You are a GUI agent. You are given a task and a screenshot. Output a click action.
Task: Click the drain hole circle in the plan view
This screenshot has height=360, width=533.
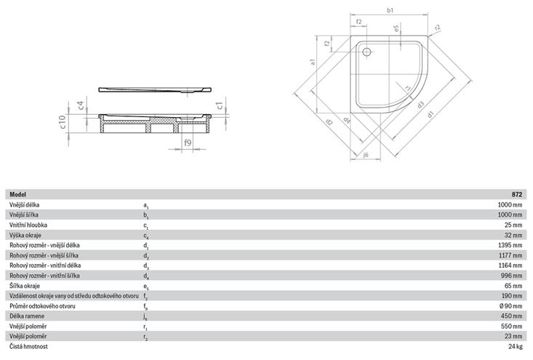(x=366, y=52)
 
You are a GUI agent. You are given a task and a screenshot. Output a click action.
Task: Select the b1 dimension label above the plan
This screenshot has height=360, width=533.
(x=390, y=10)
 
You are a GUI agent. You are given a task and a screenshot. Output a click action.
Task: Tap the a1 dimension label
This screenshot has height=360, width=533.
(x=313, y=62)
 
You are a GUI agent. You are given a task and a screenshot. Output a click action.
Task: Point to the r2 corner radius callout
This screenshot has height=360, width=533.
(x=438, y=28)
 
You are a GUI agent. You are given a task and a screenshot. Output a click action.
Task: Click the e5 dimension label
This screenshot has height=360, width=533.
(x=396, y=28)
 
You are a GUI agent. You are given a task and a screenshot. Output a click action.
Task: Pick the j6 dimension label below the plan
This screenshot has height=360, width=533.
(x=366, y=155)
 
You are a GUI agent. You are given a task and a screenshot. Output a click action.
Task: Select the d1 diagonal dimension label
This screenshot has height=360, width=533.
(x=430, y=114)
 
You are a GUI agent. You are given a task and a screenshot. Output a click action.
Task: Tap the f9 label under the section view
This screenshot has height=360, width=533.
(x=188, y=143)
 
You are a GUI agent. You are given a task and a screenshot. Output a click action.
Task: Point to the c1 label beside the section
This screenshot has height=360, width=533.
(x=220, y=105)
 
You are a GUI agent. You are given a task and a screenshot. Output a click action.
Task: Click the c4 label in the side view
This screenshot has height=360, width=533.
(x=81, y=105)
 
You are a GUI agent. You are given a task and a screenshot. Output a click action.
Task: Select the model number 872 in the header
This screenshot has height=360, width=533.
(x=517, y=194)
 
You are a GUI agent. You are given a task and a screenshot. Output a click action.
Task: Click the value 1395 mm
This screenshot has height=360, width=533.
(x=510, y=245)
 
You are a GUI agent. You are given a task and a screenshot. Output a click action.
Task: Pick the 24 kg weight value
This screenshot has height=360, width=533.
(x=516, y=346)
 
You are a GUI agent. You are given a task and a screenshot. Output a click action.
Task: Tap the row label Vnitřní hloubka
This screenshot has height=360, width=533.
(x=28, y=225)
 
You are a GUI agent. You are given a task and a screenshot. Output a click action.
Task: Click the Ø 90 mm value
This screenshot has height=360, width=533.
(x=511, y=306)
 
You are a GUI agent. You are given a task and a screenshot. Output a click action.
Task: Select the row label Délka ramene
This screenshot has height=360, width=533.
(x=27, y=316)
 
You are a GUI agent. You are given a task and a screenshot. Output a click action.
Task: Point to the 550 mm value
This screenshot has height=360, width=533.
(x=512, y=327)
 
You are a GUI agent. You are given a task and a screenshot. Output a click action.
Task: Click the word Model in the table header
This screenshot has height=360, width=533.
(x=17, y=194)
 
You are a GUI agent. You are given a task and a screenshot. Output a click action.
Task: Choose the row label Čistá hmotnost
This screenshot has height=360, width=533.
(x=28, y=346)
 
